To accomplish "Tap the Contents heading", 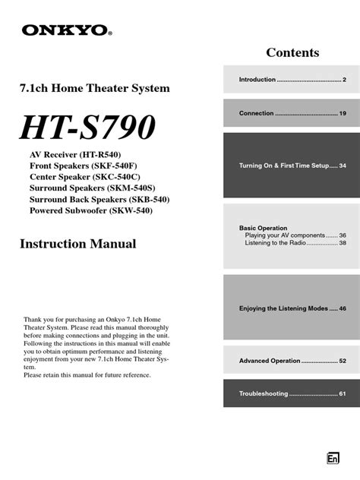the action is pos(292,52).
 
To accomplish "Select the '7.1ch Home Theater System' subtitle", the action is pos(93,89).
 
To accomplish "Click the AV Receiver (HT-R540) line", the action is pos(75,154).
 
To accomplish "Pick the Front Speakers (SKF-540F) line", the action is pos(84,166).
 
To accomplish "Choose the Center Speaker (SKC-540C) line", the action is pos(83,177).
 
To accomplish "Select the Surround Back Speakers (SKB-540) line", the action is pos(99,199).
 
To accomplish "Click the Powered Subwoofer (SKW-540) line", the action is pos(91,210).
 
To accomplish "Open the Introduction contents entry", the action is pos(292,80).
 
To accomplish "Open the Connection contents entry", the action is pos(292,113).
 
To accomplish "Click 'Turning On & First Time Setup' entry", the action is pos(292,166).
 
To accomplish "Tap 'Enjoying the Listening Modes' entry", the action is pos(292,309).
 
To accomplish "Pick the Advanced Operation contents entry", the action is pos(292,361).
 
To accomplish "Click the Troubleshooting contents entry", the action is pos(292,393).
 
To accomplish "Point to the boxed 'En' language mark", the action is pos(333,458).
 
